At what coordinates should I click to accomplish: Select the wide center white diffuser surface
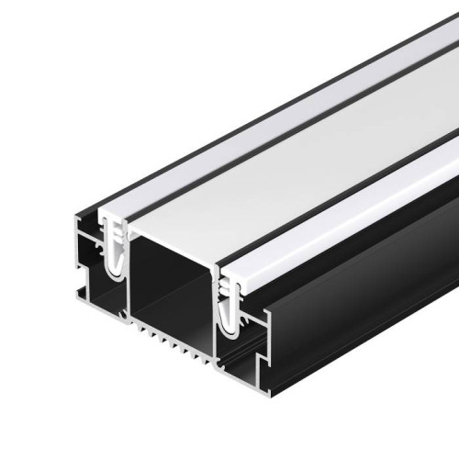303,156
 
